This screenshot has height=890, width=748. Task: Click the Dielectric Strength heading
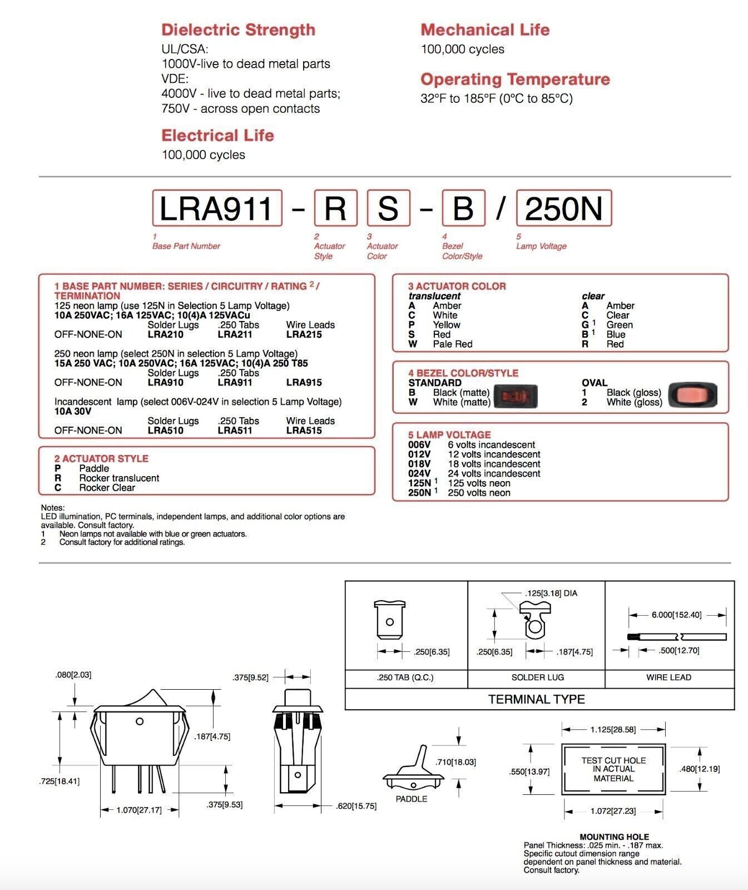coord(238,29)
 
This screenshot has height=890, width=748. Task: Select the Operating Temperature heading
coord(515,79)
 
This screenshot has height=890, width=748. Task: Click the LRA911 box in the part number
coord(216,208)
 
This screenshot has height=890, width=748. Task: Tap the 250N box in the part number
coord(564,208)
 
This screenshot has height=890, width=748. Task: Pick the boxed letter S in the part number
coord(388,208)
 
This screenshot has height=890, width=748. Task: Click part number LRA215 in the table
coord(304,334)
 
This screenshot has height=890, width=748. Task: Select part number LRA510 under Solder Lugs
coord(165,430)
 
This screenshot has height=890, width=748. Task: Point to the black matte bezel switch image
coord(516,395)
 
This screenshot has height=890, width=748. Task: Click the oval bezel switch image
coord(692,395)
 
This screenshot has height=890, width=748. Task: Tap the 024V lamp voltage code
coord(419,473)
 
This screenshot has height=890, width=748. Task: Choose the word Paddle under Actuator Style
coord(94,468)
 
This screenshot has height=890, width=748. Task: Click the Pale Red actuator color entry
coord(452,344)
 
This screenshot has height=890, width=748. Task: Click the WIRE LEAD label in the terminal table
coord(668,678)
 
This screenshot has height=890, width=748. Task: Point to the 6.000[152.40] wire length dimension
coord(676,615)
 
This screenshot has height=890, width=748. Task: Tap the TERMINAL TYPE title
coord(537,699)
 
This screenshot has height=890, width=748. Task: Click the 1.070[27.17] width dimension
coord(139,810)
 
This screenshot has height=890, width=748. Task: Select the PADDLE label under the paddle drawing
coord(412,799)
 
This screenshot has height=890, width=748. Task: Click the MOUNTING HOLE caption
coord(614,837)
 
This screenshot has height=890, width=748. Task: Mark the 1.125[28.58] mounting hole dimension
coord(613,729)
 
